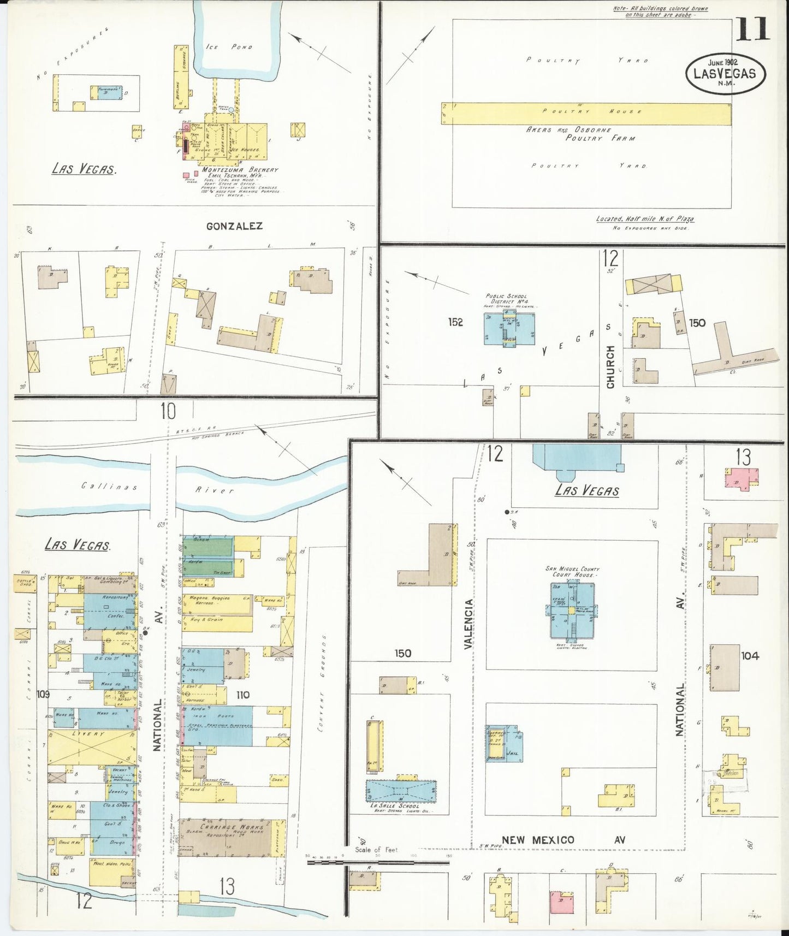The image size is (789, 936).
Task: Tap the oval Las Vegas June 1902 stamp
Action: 725,73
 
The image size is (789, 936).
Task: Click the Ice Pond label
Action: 229,47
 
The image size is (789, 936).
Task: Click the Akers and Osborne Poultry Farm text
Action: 581,134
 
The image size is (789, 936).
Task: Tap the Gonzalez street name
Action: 234,226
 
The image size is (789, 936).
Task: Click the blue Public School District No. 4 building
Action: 509,328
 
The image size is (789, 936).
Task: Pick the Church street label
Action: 610,366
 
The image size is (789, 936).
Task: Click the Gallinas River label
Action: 158,487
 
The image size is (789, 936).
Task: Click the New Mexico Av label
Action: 562,840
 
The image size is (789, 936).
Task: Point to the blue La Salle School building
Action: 401,791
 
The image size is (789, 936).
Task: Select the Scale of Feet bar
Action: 377,862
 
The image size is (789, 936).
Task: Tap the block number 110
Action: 242,695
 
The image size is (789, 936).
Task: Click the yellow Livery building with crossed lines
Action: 92,747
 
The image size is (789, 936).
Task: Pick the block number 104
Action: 750,655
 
